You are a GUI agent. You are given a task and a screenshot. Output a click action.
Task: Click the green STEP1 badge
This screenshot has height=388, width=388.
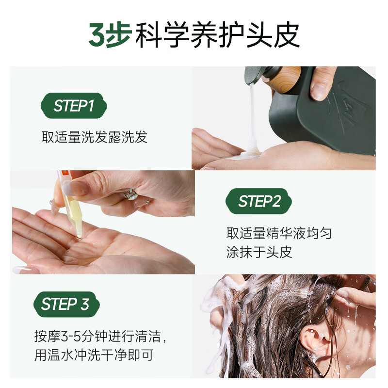(74, 106)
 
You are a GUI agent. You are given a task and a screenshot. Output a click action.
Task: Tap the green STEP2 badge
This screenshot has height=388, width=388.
(259, 201)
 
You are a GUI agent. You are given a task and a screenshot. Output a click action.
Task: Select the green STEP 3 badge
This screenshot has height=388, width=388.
(66, 304)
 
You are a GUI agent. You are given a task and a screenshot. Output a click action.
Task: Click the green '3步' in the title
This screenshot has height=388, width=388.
(110, 34)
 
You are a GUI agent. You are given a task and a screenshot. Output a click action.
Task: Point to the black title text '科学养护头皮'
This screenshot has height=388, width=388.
(218, 34)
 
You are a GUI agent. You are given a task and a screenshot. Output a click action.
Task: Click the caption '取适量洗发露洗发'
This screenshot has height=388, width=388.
(94, 137)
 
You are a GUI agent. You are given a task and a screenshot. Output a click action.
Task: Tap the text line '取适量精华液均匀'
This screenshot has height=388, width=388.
(279, 233)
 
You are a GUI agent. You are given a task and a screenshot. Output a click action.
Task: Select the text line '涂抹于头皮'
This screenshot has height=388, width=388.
(259, 252)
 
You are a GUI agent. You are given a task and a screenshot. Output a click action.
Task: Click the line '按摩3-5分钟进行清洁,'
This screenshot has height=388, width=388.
(100, 336)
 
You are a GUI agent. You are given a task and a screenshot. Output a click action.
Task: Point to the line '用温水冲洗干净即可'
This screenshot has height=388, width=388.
(94, 355)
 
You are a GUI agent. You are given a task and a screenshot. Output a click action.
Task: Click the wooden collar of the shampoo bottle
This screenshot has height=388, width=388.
(287, 79)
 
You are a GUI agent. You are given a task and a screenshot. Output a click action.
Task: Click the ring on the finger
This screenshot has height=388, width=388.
(131, 194)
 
